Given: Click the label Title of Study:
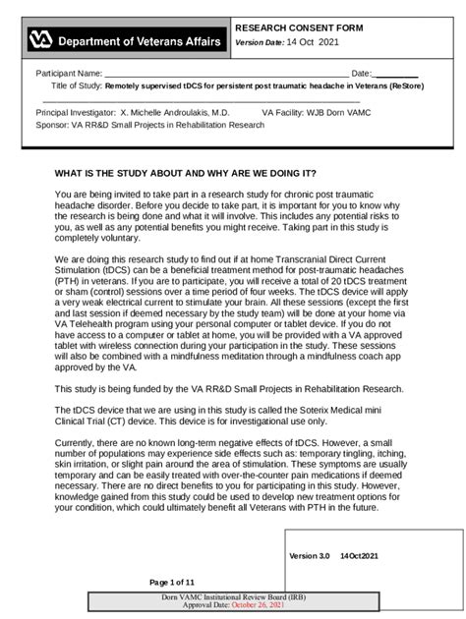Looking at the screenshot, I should click(77, 86).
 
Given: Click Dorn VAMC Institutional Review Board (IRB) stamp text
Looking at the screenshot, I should click(233, 597).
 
